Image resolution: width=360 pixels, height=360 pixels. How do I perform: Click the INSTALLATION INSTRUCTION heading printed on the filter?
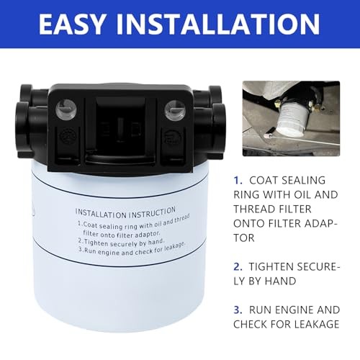[x=126, y=212]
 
